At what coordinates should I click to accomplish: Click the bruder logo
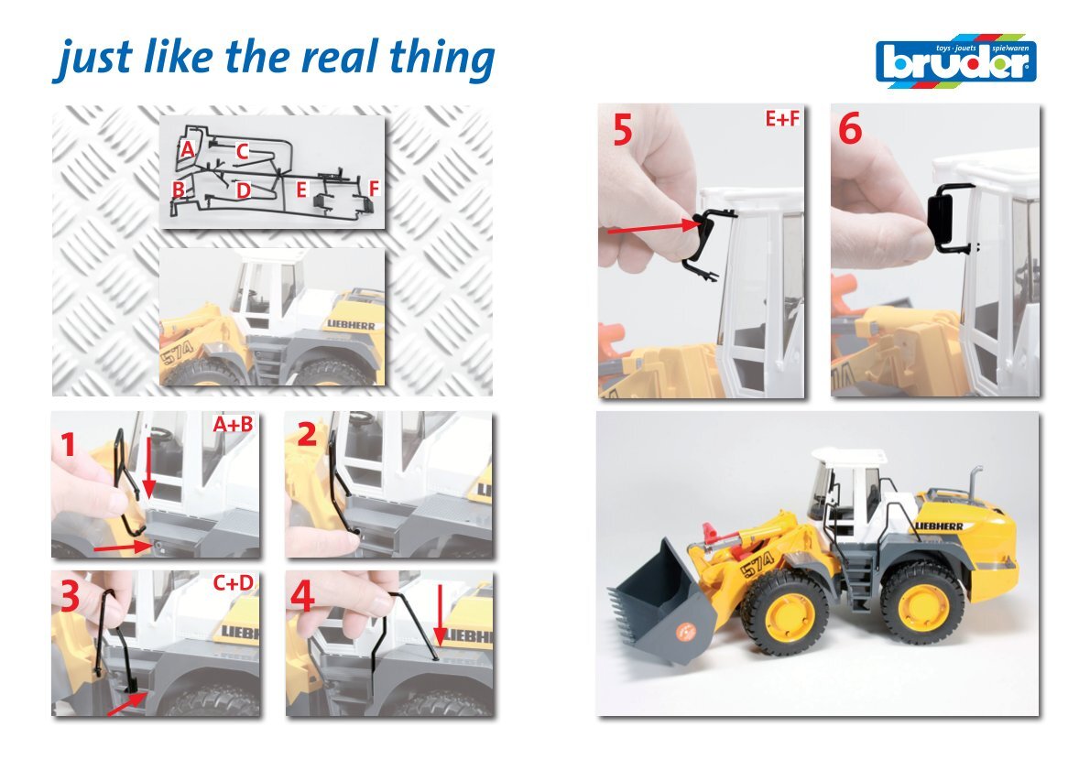(x=956, y=60)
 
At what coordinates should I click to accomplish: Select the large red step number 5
(x=623, y=129)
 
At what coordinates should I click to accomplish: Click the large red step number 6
(x=850, y=128)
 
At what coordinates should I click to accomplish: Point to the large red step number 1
(x=68, y=444)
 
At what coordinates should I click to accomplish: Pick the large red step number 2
(x=307, y=434)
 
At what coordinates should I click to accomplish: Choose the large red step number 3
(x=71, y=595)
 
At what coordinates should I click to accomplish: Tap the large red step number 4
(x=303, y=596)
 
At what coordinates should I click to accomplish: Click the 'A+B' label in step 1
(x=233, y=424)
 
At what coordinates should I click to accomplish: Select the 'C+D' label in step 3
(x=233, y=582)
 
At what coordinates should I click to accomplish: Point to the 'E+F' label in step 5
(x=782, y=119)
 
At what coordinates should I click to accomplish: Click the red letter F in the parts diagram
(x=374, y=189)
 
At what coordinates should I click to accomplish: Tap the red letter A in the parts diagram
(x=186, y=148)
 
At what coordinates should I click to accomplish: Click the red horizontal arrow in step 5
(x=653, y=226)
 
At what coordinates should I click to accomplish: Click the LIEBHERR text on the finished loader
(x=939, y=526)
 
